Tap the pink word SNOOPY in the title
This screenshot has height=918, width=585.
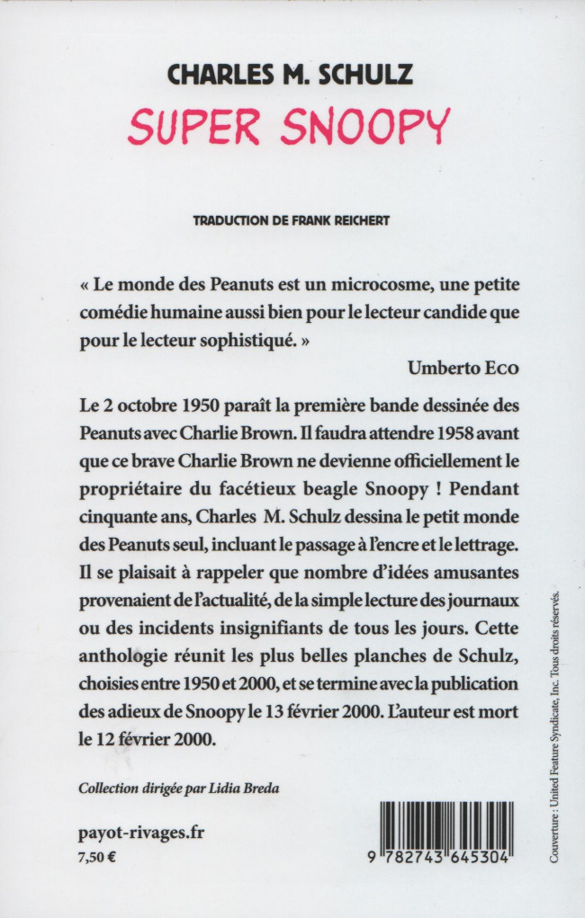[x=364, y=128]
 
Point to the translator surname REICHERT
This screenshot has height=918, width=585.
[x=355, y=221]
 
